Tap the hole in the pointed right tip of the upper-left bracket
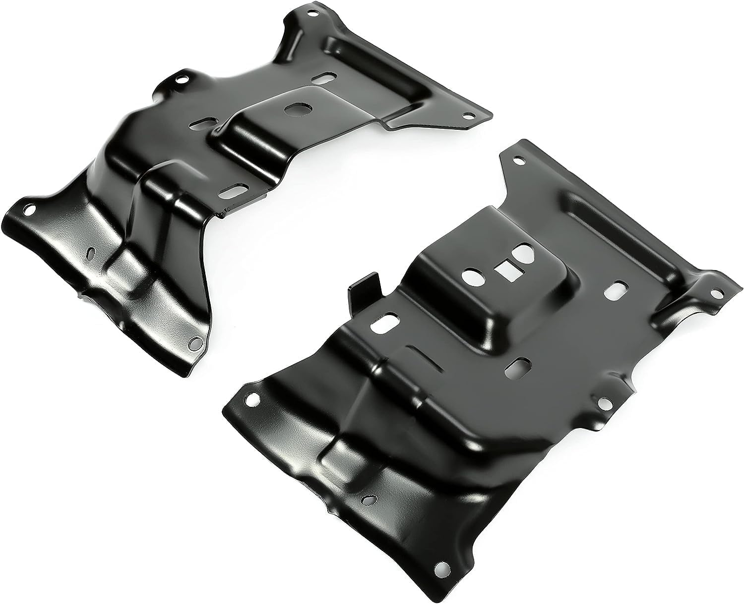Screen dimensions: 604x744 pos(466,115)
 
